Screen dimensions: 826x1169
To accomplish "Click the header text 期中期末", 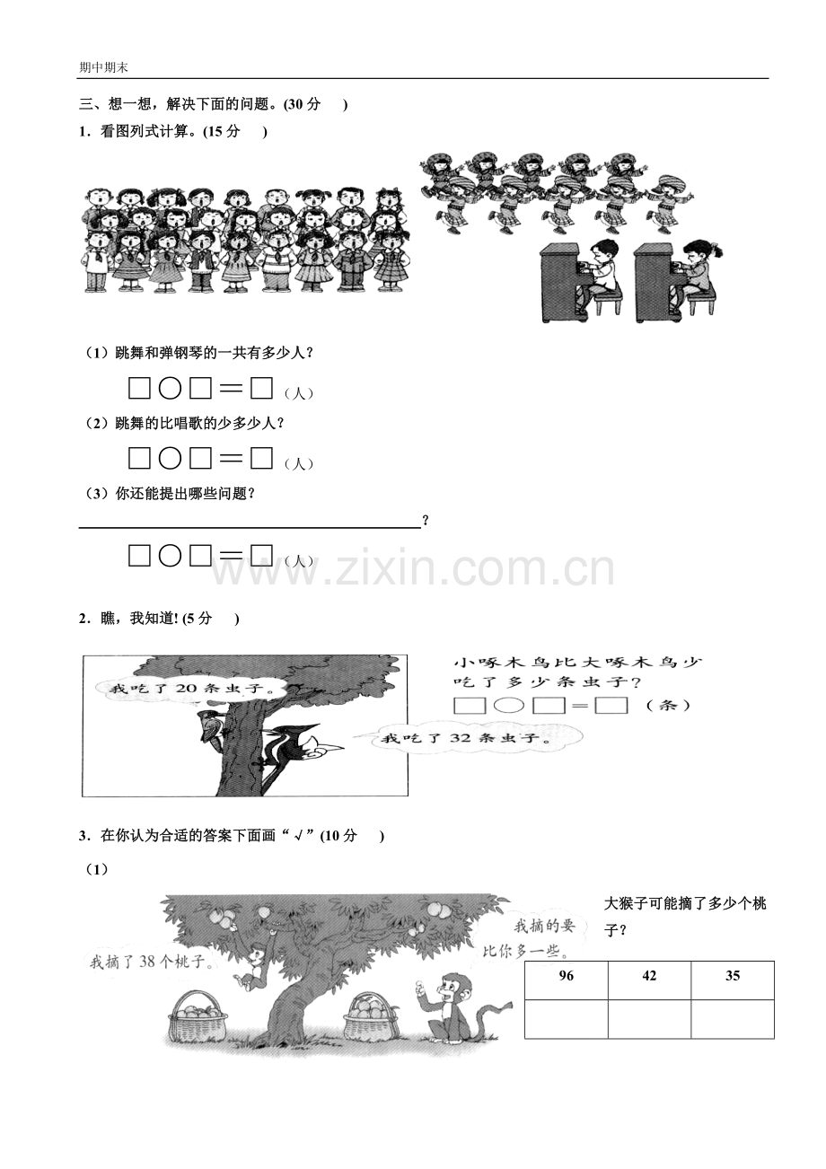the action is coord(103,68).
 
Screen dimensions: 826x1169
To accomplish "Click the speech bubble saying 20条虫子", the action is coord(191,689).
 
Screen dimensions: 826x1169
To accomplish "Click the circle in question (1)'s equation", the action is coord(170,389).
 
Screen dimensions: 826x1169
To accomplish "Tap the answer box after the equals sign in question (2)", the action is coord(261,458).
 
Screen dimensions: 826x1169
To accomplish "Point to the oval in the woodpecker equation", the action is coord(509,706).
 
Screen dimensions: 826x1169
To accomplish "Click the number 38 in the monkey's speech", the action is coord(147,962).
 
